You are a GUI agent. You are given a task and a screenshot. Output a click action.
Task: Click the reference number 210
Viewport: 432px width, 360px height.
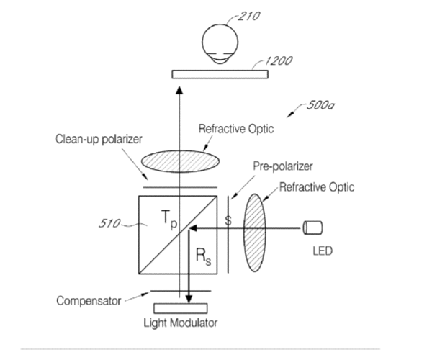pos(249,16)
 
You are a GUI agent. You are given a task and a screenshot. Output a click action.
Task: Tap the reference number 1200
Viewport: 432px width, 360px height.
pos(279,60)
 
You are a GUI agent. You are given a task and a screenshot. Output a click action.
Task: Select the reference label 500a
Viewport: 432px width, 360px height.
pos(320,105)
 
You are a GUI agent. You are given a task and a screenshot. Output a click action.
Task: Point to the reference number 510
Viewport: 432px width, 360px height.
pos(109,223)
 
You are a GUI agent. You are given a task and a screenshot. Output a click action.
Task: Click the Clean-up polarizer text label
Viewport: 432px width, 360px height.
pos(99,139)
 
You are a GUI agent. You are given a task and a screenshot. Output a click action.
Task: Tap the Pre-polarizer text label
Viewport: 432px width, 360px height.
pos(283,166)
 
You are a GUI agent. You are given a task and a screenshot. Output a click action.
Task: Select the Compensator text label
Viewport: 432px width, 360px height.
pos(89,301)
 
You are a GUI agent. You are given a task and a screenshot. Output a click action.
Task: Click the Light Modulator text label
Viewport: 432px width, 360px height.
pos(181,323)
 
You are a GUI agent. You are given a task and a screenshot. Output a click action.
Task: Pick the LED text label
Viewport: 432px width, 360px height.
pos(323,251)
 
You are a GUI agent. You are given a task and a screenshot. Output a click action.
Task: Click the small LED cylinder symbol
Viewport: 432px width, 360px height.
pos(312,228)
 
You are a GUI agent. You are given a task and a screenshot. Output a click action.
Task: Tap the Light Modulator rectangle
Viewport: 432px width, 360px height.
pos(181,308)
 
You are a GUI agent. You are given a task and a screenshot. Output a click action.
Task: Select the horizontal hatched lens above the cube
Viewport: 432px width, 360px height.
pos(181,161)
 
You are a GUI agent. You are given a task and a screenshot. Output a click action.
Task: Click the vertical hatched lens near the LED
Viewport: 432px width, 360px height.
pos(255,233)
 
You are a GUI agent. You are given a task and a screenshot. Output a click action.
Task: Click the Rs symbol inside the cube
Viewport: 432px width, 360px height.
pos(204,257)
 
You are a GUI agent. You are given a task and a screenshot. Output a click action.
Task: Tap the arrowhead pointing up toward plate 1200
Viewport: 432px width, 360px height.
pos(179,90)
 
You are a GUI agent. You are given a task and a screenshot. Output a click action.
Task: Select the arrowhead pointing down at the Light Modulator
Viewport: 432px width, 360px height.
pos(189,300)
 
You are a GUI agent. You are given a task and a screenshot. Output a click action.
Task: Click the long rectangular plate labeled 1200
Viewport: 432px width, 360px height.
pos(220,74)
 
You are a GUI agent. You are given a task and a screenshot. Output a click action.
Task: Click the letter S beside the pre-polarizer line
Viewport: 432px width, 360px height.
pos(228,220)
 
